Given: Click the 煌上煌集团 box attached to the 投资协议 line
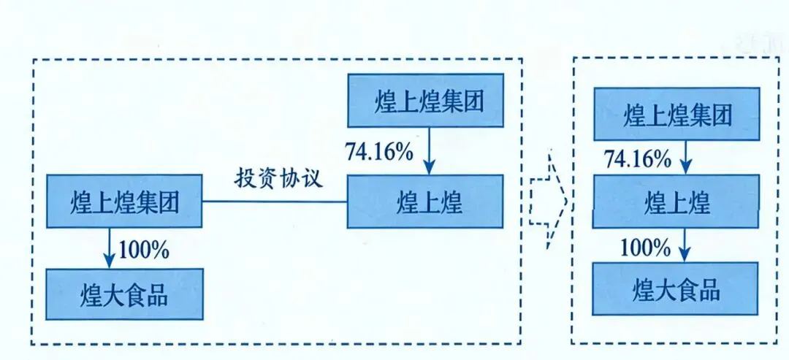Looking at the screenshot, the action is pos(124,200).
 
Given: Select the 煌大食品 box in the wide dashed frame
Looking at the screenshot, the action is pos(124,295).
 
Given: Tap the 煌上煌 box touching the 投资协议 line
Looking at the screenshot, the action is pos(424,201).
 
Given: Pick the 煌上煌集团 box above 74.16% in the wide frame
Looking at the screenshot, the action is pos(424,100).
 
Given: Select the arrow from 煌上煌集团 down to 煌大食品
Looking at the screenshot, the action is pos(110,248).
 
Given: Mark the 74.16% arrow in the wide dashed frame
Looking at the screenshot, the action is pos(429,150).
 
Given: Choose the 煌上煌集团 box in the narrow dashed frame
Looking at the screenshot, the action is pos(676,114).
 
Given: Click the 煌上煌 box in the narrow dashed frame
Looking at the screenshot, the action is pos(676,202).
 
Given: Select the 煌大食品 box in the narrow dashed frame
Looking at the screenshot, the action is pos(676,289).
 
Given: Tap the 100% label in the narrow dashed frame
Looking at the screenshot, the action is pos(645,247).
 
